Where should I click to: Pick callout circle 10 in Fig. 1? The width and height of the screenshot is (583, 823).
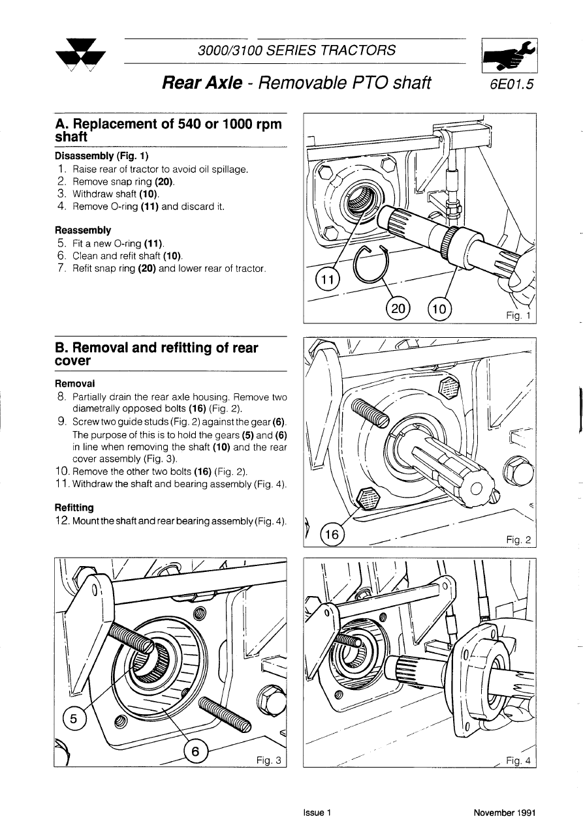point(439,308)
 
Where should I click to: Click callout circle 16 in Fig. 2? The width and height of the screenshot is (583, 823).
point(333,535)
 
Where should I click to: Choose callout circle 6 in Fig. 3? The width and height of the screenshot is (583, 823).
point(195,753)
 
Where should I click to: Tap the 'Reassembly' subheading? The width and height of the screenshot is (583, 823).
point(83,230)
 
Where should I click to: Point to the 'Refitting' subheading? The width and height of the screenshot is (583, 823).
point(74,507)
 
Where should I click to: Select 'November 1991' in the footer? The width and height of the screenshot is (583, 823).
point(505,813)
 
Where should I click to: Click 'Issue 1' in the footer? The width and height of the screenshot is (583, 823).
point(318,813)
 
